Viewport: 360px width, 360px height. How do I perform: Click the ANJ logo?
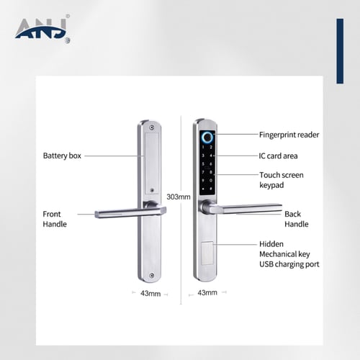[42, 30]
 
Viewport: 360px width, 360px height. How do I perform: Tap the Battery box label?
[62, 156]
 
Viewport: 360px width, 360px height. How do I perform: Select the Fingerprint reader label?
[289, 135]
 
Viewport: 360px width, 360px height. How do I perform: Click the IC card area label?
[278, 156]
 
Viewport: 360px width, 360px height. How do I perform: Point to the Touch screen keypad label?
[282, 180]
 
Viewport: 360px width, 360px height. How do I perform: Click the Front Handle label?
[55, 219]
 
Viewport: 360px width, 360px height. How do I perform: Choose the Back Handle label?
[297, 219]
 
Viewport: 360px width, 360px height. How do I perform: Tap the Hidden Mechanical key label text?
[284, 249]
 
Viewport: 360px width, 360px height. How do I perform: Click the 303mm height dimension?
[179, 197]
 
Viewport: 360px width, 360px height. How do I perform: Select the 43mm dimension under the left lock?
[150, 294]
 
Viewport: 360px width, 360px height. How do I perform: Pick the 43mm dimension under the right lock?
[207, 292]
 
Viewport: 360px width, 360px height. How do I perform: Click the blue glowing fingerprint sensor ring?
[207, 138]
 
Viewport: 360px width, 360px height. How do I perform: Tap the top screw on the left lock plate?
[151, 127]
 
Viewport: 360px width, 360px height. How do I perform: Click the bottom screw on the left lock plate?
[151, 276]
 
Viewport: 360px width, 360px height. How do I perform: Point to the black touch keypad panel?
[207, 163]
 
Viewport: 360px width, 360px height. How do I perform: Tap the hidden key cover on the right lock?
[207, 253]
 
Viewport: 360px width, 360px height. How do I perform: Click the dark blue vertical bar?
[340, 51]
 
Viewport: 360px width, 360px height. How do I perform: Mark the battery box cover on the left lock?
[152, 163]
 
